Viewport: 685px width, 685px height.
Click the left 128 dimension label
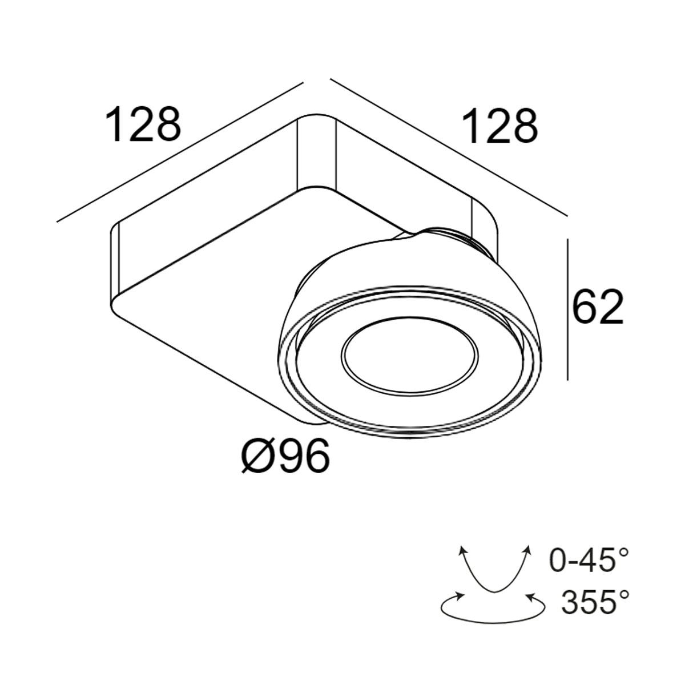coord(144,124)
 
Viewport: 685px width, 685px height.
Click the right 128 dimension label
coord(501,126)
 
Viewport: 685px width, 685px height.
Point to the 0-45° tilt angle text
coord(589,560)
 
